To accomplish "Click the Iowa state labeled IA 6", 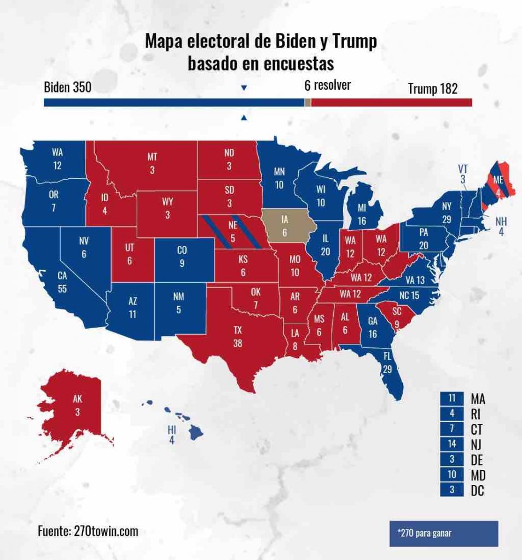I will pyautogui.click(x=285, y=225).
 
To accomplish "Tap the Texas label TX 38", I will pyautogui.click(x=237, y=335).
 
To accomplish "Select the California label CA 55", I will pyautogui.click(x=62, y=282).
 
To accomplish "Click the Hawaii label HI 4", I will pyautogui.click(x=172, y=434).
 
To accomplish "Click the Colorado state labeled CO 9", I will pyautogui.click(x=182, y=256).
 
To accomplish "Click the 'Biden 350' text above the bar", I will pyautogui.click(x=67, y=88).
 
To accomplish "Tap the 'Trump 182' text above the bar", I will pyautogui.click(x=432, y=89).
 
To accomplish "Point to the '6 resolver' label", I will pyautogui.click(x=327, y=86).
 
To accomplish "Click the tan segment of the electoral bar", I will pyautogui.click(x=308, y=103).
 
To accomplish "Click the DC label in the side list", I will pyautogui.click(x=478, y=490).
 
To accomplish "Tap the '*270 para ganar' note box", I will pyautogui.click(x=443, y=533).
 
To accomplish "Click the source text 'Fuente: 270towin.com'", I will pyautogui.click(x=88, y=531).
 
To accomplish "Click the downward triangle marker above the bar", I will pyautogui.click(x=244, y=88).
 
